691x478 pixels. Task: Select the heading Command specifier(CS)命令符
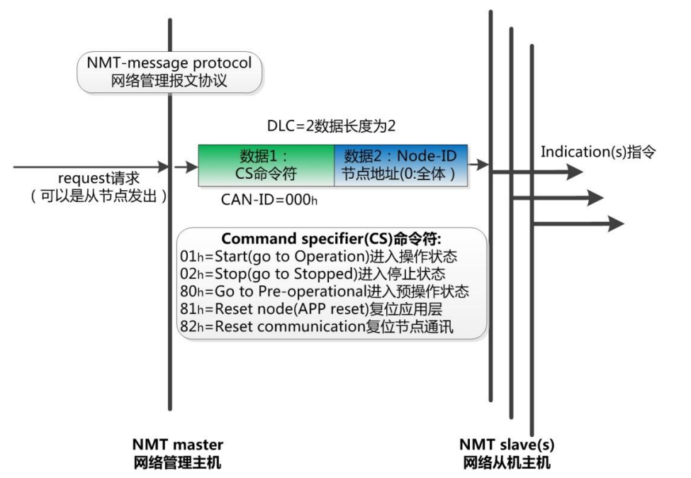(x=331, y=239)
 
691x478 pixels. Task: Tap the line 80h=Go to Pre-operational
(x=325, y=289)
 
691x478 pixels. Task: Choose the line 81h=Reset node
(x=313, y=306)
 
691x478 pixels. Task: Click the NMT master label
(x=178, y=445)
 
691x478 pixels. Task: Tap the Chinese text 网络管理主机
(x=178, y=463)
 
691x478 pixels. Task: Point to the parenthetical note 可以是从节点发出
(x=98, y=197)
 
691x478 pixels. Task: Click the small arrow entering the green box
(x=187, y=167)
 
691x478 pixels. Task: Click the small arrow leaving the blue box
(x=481, y=165)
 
